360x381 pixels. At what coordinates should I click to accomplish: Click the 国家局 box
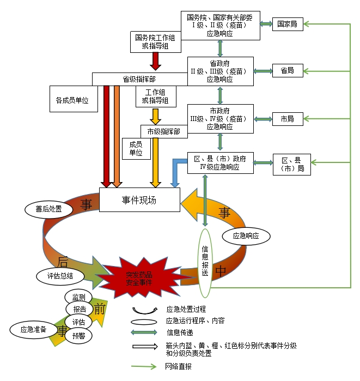tap(288, 25)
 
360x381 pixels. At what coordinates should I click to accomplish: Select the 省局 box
tap(288, 71)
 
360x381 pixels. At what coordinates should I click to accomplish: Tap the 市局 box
tap(288, 118)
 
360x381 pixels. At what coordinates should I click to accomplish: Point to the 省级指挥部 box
tap(139, 80)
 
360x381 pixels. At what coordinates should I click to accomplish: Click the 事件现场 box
tap(139, 200)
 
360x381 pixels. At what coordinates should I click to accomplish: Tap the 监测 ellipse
tap(78, 298)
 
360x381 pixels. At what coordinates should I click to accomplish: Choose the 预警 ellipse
tap(78, 336)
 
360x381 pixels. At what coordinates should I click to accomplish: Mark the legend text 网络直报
tap(179, 367)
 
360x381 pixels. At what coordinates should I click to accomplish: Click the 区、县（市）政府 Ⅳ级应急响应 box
tap(220, 163)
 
